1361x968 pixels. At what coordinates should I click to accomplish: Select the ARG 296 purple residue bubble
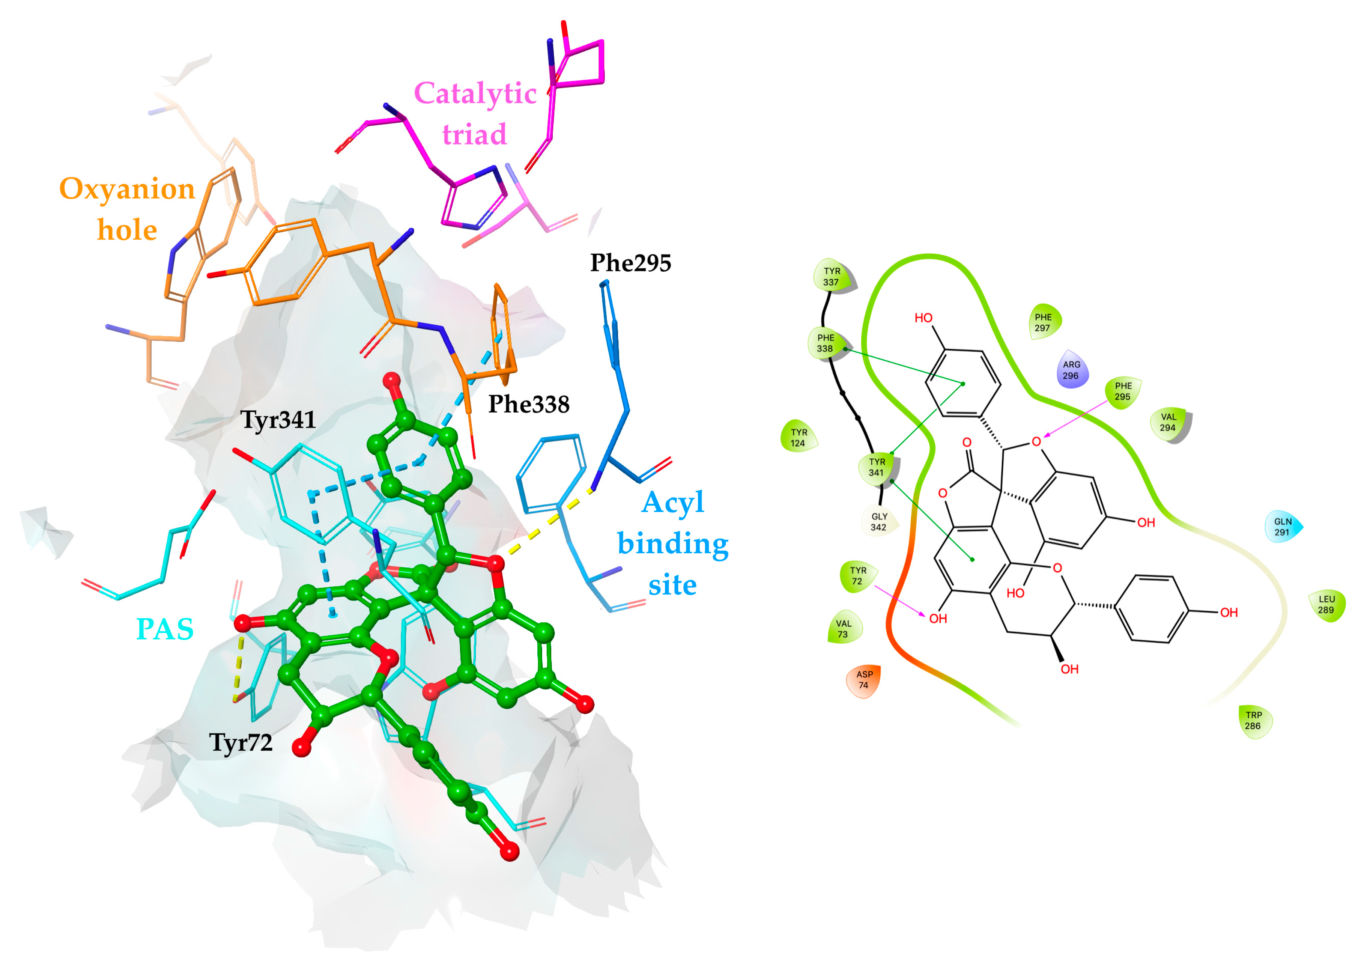point(1071,370)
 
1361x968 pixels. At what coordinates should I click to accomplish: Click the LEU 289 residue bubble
point(1326,604)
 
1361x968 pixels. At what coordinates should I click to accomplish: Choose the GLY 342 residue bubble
point(879,522)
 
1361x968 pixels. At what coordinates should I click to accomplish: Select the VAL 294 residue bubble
point(1169,422)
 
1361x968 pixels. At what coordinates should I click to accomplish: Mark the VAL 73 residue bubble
point(843,629)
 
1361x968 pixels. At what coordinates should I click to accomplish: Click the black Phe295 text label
point(630,263)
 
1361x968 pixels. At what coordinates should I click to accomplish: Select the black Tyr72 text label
point(241,742)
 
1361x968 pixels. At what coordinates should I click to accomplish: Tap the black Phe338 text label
point(529,404)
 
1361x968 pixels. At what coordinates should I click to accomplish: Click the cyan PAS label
point(165,629)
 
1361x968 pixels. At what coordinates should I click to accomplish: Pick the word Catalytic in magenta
point(475,93)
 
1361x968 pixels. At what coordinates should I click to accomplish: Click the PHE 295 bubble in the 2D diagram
point(1123,391)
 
